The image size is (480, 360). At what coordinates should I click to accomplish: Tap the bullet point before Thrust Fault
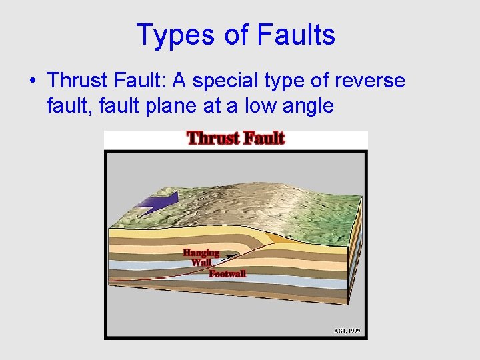point(33,81)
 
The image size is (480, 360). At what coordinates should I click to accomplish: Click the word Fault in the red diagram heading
point(264,139)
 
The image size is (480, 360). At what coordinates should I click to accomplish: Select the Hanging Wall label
point(201,257)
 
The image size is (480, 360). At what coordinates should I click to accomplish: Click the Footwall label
point(227,274)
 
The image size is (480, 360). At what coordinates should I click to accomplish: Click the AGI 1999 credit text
point(347,331)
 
